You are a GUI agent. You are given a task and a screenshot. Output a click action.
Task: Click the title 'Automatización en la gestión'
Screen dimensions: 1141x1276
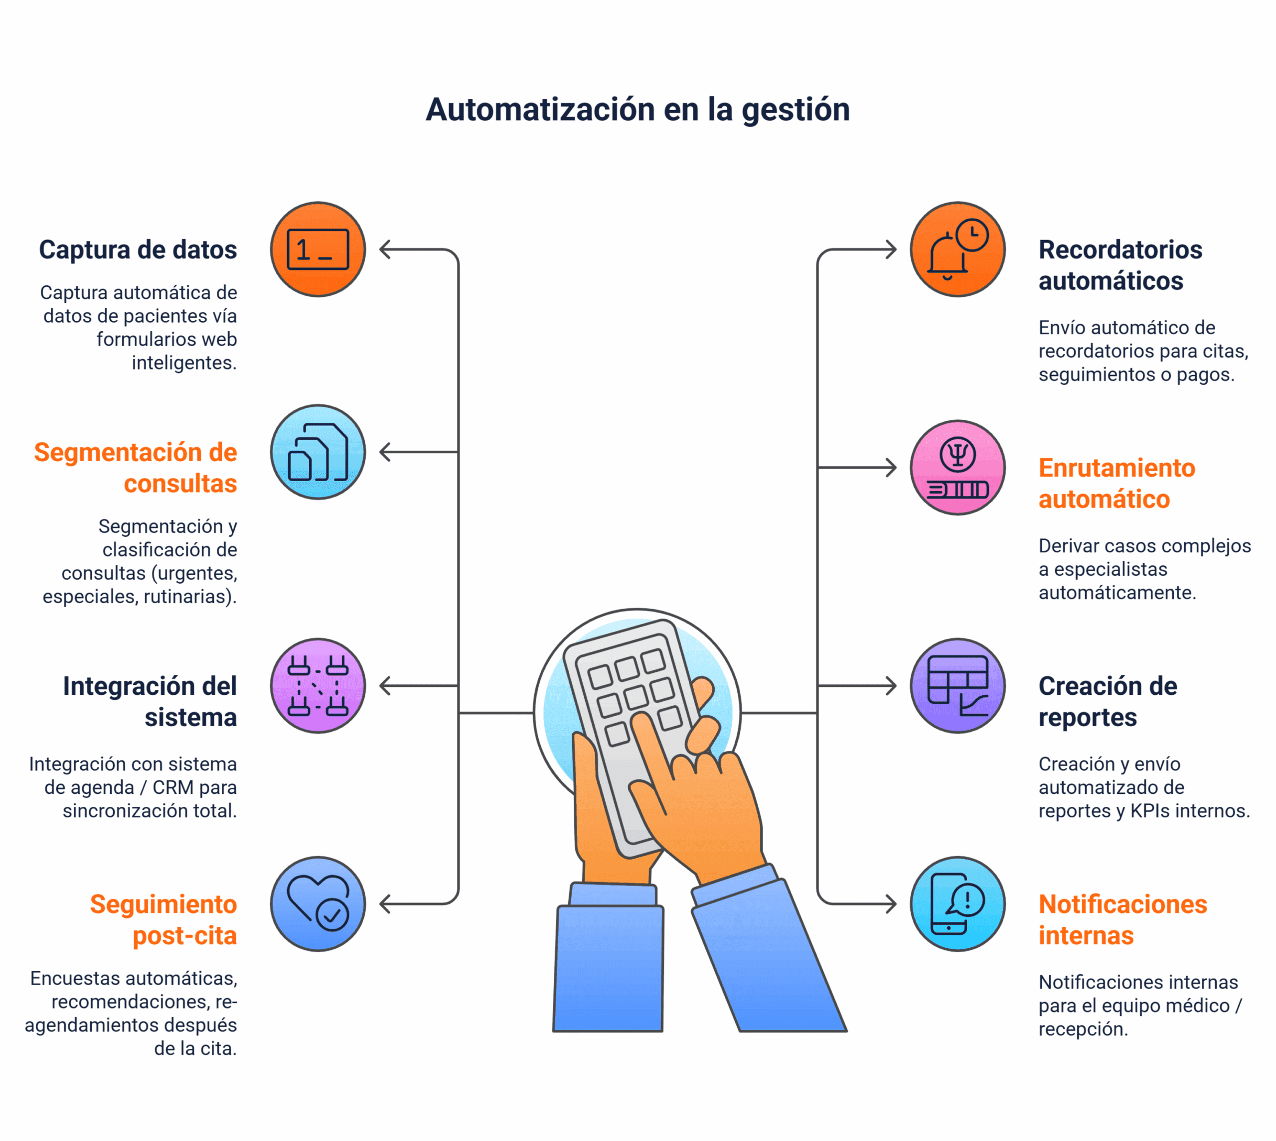pyautogui.click(x=638, y=110)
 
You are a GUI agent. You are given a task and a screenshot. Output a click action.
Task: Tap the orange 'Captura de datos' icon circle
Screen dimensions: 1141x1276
pyautogui.click(x=318, y=250)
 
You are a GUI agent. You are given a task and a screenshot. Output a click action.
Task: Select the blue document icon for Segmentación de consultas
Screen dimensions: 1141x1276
pyautogui.click(x=318, y=452)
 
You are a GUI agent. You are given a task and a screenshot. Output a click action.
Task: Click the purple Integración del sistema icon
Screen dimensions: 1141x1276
pyautogui.click(x=318, y=686)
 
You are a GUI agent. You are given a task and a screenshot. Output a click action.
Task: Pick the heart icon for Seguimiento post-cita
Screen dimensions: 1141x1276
pyautogui.click(x=318, y=904)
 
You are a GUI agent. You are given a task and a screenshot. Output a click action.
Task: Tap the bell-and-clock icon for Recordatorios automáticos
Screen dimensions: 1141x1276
pyautogui.click(x=957, y=250)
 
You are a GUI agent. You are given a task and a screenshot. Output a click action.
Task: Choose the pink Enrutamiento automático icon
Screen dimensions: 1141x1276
pyautogui.click(x=957, y=468)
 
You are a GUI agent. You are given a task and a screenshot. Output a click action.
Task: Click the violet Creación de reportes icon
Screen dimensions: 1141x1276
pyautogui.click(x=957, y=686)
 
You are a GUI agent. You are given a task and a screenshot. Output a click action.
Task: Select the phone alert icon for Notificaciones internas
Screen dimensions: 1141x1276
pyautogui.click(x=957, y=904)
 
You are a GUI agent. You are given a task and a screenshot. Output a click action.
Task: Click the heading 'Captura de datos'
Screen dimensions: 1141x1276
pyautogui.click(x=138, y=250)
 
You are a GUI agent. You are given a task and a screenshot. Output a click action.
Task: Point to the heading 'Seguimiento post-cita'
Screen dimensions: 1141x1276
pyautogui.click(x=163, y=920)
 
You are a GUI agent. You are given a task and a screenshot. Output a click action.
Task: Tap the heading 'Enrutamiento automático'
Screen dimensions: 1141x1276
pyautogui.click(x=1116, y=484)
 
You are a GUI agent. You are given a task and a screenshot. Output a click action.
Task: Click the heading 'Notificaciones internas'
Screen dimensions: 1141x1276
pyautogui.click(x=1122, y=920)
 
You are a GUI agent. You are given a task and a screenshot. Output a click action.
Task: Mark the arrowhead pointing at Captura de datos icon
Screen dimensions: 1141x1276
pyautogui.click(x=384, y=250)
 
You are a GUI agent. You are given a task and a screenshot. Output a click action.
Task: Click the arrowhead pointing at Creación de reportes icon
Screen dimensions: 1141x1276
pyautogui.click(x=893, y=686)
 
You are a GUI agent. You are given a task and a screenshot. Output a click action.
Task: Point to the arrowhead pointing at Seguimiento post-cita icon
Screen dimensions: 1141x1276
pyautogui.click(x=384, y=904)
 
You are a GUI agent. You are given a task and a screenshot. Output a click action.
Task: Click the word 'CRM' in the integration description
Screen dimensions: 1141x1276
pyautogui.click(x=173, y=787)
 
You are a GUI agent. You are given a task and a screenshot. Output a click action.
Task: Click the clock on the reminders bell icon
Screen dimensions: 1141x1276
pyautogui.click(x=972, y=235)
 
